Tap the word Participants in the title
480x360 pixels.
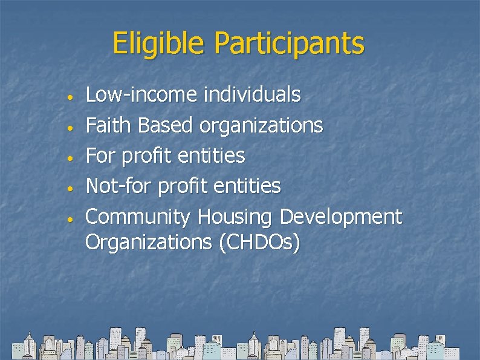pyautogui.click(x=290, y=44)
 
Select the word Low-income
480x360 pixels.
pyautogui.click(x=141, y=95)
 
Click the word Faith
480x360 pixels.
pyautogui.click(x=109, y=125)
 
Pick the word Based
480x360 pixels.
pyautogui.click(x=165, y=125)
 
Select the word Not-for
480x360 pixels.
pyautogui.click(x=119, y=186)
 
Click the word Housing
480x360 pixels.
pyautogui.click(x=236, y=217)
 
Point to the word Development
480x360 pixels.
pyautogui.click(x=342, y=217)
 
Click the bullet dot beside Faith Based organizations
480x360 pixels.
pyautogui.click(x=71, y=128)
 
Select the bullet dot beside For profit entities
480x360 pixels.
pyautogui.click(x=71, y=158)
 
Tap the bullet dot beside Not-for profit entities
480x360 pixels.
pyautogui.click(x=71, y=188)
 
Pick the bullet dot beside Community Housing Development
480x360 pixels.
pyautogui.click(x=71, y=218)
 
